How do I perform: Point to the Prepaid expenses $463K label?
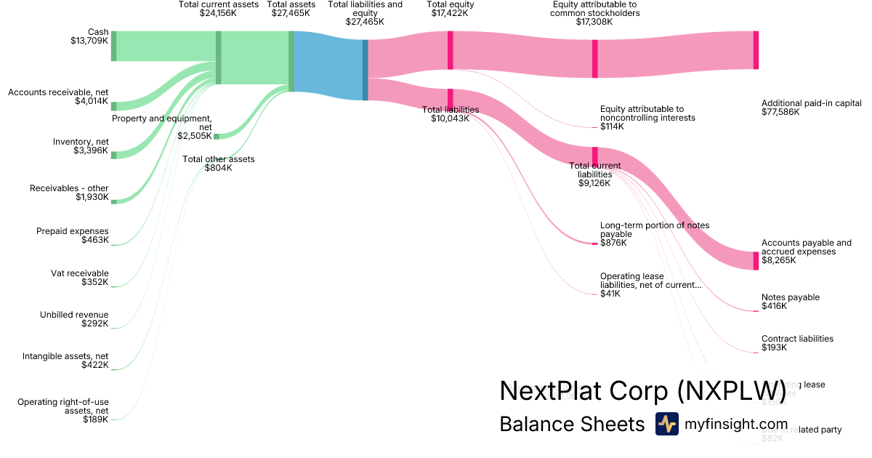pyautogui.click(x=73, y=236)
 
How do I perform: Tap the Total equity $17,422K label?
pyautogui.click(x=451, y=9)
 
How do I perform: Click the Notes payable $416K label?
pyautogui.click(x=791, y=302)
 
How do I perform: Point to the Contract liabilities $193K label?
pyautogui.click(x=797, y=343)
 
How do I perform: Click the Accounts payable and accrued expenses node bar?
pyautogui.click(x=756, y=260)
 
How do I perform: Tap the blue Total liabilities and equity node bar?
pyautogui.click(x=365, y=70)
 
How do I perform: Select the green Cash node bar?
pyautogui.click(x=113, y=46)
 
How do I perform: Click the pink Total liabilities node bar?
pyautogui.click(x=451, y=98)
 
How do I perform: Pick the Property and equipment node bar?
pyautogui.click(x=217, y=136)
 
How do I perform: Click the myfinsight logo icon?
pyautogui.click(x=667, y=424)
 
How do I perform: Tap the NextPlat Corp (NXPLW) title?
pyautogui.click(x=643, y=391)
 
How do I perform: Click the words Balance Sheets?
pyautogui.click(x=572, y=425)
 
